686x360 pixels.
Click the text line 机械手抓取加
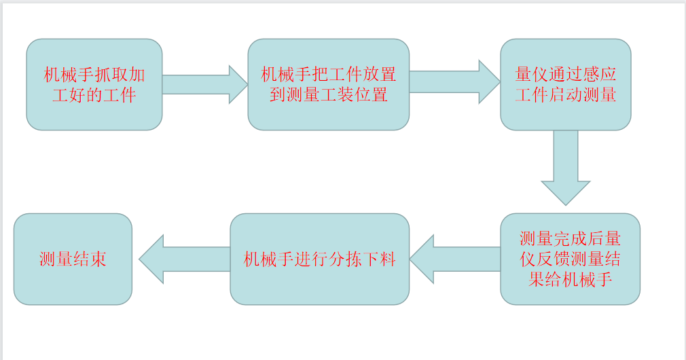coord(94,75)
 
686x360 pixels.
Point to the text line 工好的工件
coord(94,94)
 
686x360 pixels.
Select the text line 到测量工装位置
coord(328,94)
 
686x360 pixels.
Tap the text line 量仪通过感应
coord(566,75)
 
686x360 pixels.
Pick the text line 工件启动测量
coord(566,94)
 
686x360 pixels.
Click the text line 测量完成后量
coord(570,239)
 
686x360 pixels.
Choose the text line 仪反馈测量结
coord(570,259)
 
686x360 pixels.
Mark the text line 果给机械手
coord(570,279)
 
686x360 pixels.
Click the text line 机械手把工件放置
coord(328,75)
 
